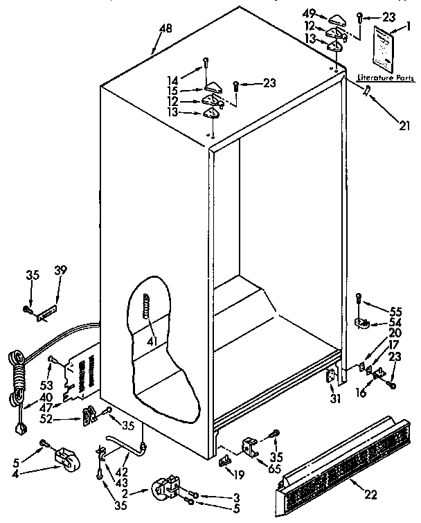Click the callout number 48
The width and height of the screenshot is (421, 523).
166,28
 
